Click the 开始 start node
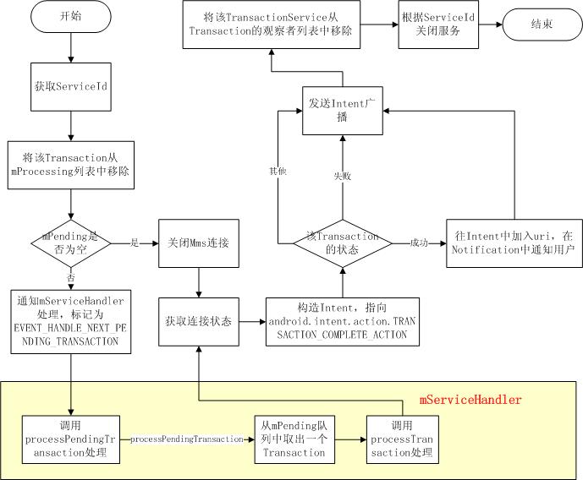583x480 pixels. (70, 17)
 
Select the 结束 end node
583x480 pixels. (541, 25)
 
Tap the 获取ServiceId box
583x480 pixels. (70, 85)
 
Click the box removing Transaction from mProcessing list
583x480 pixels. (70, 163)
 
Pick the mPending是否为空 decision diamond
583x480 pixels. (70, 245)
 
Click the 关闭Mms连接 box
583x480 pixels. (199, 245)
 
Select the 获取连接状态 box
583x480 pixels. (199, 323)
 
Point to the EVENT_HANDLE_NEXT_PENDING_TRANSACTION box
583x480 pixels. (70, 323)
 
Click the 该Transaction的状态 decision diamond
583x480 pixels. (342, 245)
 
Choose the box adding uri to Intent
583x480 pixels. (514, 245)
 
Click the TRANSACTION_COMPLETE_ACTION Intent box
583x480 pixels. (342, 322)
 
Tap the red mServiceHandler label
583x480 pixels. (470, 399)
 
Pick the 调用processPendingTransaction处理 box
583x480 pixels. (70, 439)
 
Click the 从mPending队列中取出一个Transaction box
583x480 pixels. (292, 439)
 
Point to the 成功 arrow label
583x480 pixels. (419, 244)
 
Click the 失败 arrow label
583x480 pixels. (341, 177)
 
